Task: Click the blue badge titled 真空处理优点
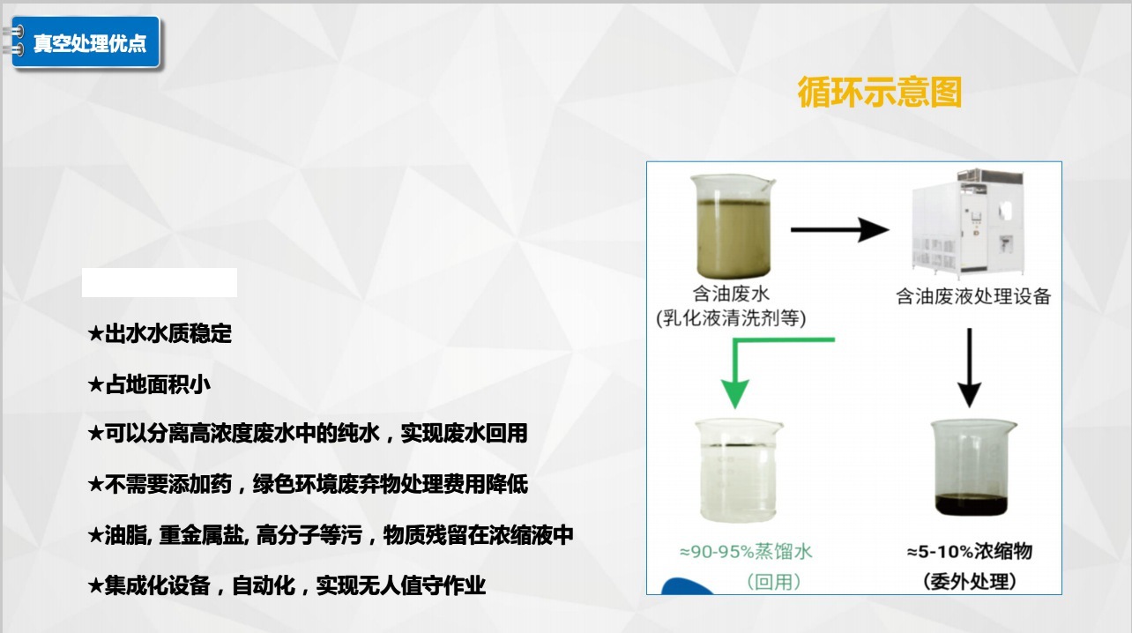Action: (86, 42)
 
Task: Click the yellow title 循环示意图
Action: (879, 92)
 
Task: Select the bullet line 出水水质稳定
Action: (160, 333)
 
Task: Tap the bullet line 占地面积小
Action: (149, 384)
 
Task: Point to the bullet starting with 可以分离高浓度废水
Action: (308, 434)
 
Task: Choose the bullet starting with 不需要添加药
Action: (308, 484)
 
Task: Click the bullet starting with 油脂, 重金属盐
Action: (331, 535)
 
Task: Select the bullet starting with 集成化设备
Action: (287, 585)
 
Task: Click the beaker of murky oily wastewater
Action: (733, 226)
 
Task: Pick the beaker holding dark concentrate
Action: (972, 468)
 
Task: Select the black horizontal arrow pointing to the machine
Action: (840, 230)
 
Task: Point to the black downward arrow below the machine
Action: (969, 368)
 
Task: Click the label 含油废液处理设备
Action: (973, 296)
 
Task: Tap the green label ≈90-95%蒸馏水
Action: (746, 551)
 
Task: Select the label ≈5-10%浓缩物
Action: (969, 551)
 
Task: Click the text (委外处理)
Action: (969, 582)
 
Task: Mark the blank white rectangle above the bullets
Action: (160, 282)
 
